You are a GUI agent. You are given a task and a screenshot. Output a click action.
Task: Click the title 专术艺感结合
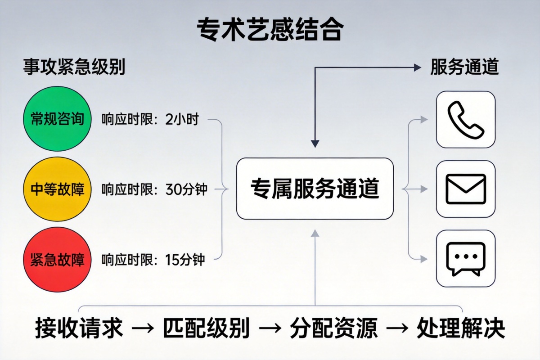pos(270,30)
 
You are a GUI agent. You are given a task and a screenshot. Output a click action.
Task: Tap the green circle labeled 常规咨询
pos(57,119)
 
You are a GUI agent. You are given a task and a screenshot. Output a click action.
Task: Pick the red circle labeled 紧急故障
pos(57,260)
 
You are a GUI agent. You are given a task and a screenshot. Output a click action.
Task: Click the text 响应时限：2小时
pos(150,120)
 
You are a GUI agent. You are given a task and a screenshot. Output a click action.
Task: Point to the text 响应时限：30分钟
pos(154,189)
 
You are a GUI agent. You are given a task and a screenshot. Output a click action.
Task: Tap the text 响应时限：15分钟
pos(153,260)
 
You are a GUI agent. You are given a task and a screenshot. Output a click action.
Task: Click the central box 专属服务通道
pos(315,189)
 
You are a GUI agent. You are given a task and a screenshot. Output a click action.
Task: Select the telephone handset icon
pos(465,119)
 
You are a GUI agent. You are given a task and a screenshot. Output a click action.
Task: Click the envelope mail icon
pos(465,189)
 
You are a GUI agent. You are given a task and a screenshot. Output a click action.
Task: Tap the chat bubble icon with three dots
pos(465,259)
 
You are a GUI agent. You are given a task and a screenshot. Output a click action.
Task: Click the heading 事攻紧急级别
pos(74,67)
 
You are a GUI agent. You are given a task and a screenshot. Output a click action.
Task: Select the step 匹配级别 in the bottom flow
pos(206,328)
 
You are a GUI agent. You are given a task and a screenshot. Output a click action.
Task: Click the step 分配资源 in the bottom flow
pos(333,328)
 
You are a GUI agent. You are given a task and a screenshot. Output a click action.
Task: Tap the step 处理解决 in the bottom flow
pos(461,328)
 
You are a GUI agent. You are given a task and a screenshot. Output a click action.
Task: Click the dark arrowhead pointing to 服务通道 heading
pos(416,67)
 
